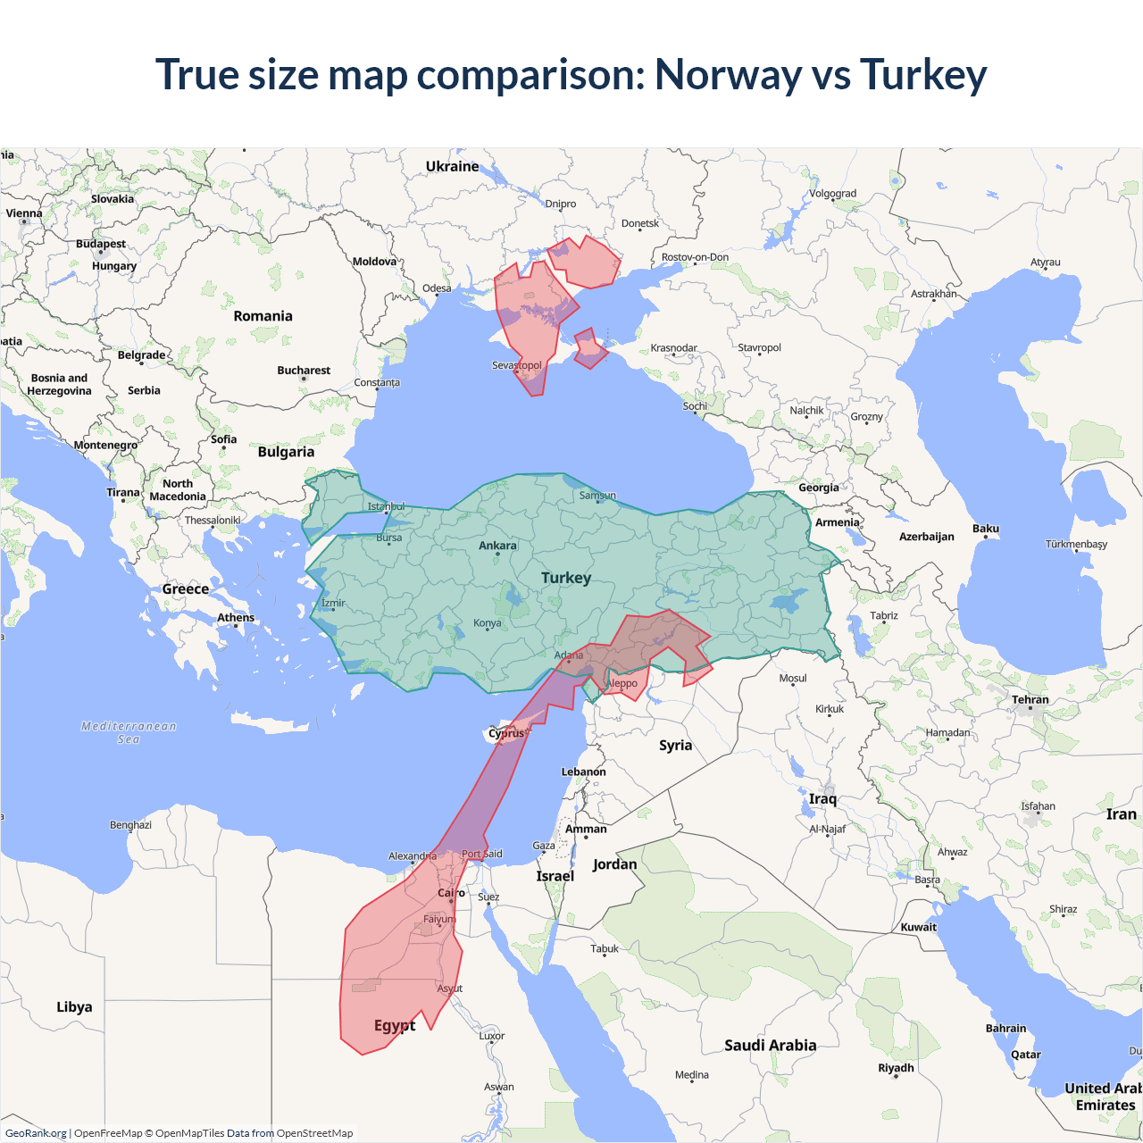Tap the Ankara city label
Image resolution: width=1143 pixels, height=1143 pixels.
click(497, 546)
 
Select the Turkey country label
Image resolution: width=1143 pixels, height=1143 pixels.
click(566, 578)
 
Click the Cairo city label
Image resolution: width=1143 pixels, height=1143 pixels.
click(451, 893)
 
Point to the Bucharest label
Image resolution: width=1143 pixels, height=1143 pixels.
click(304, 371)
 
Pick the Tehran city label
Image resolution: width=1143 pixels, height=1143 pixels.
click(1030, 700)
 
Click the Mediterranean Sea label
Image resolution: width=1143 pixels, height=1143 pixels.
click(129, 732)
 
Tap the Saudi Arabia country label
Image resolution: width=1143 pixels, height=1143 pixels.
click(770, 1045)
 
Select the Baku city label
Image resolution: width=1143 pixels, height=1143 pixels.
click(986, 529)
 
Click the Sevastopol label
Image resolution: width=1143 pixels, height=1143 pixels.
click(517, 365)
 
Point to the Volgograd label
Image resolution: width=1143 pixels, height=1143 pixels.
click(832, 194)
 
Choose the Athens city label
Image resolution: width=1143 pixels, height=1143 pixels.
click(236, 618)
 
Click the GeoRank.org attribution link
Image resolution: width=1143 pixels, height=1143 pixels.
click(36, 1133)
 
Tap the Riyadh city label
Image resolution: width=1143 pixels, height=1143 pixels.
click(896, 1068)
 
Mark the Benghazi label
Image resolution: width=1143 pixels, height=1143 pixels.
click(130, 825)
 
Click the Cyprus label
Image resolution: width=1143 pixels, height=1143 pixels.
click(507, 734)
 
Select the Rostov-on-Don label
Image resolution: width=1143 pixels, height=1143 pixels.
click(695, 257)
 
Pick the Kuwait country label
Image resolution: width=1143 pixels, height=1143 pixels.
click(918, 927)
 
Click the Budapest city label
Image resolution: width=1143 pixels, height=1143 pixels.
click(101, 244)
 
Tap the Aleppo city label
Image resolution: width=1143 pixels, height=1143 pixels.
click(622, 683)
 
